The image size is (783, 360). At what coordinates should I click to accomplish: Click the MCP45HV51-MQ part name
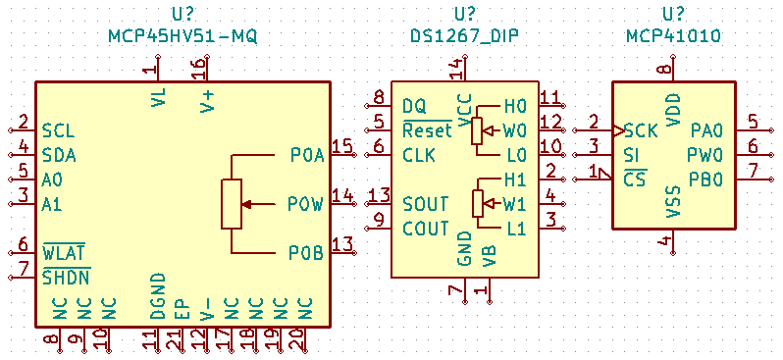point(182,36)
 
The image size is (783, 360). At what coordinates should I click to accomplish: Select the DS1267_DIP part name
point(464,36)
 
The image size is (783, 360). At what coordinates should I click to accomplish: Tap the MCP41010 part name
point(673,36)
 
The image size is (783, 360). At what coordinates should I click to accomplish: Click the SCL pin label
point(58,130)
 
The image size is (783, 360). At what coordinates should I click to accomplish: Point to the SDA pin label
point(59,155)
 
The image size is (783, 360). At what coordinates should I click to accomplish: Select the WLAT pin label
point(65,252)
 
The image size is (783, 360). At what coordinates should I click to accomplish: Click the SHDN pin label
point(66,277)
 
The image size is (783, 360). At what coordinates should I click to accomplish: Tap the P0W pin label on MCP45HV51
point(305,204)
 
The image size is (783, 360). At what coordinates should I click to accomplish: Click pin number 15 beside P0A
point(341,146)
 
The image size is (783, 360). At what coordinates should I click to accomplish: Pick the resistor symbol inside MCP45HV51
point(231,204)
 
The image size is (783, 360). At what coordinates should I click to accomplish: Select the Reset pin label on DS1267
point(427,130)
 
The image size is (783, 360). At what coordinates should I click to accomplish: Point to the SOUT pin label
point(426,204)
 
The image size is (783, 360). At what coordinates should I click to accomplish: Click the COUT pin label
point(426,229)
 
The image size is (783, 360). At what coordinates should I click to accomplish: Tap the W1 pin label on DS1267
point(514,204)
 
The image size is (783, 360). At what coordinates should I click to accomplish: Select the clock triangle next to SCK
point(617,130)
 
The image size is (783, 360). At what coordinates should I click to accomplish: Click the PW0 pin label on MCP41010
point(706,155)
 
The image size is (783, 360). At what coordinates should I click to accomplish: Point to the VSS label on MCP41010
point(673,201)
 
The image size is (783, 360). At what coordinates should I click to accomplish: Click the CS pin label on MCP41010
point(635,180)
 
